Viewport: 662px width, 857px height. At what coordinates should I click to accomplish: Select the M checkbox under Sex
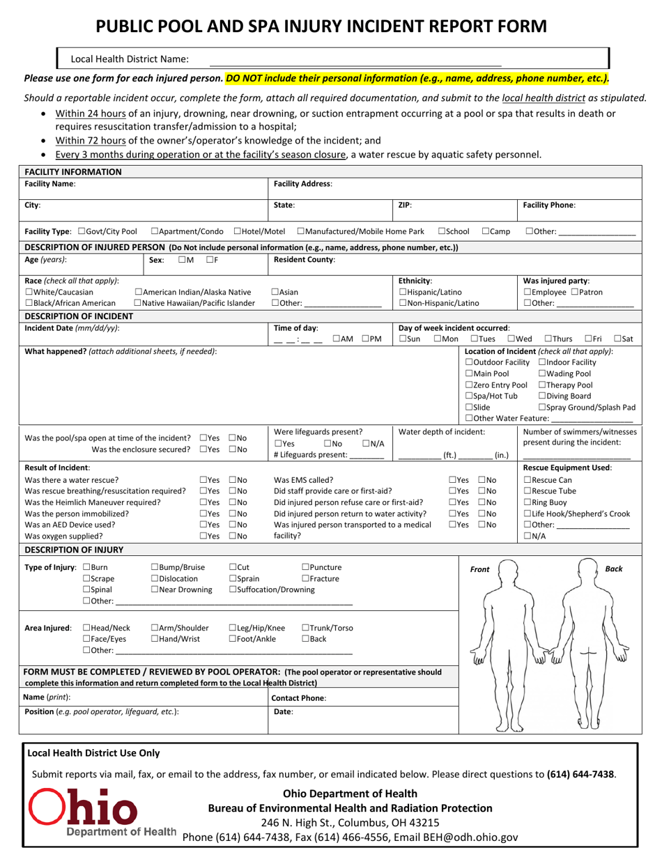tap(182, 260)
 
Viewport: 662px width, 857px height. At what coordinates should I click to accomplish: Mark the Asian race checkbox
tap(275, 292)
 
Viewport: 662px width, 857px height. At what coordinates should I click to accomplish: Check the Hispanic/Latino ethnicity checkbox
tap(403, 292)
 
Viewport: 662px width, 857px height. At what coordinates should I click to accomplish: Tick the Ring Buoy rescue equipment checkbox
tap(528, 502)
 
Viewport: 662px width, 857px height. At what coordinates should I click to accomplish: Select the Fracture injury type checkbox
tap(305, 578)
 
